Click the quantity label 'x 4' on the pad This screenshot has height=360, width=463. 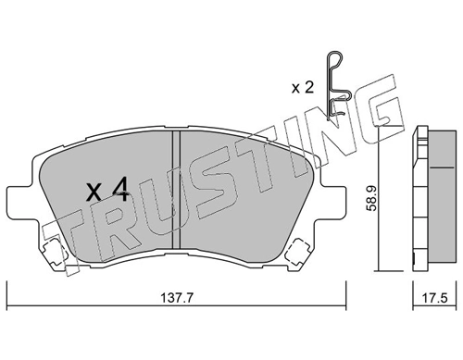click(x=106, y=192)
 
